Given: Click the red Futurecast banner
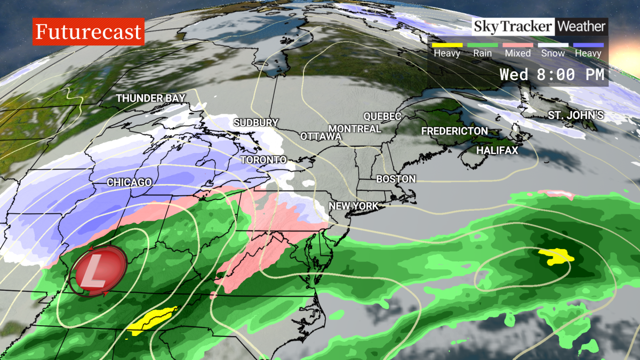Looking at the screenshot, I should pos(89,32).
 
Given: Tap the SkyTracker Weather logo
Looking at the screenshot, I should pos(539,26).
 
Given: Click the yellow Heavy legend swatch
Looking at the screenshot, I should pos(446,45).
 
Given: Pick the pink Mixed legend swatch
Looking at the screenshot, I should pos(518,45).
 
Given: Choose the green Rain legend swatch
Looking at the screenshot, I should pos(482,45).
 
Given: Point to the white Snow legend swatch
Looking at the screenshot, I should pos(553,45).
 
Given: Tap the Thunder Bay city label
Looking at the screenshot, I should pos(151,98).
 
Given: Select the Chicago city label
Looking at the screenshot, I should pos(129,182).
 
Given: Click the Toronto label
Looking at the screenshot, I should pos(263,160).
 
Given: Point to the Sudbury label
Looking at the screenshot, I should pos(256,123).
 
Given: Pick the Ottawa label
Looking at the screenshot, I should pos(321,137).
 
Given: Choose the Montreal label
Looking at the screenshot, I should pos(355,129).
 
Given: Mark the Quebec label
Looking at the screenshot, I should pos(382,116).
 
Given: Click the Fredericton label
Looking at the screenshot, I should pos(454,131).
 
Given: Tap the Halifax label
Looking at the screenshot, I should pos(497,151).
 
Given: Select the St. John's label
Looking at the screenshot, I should pos(575,115).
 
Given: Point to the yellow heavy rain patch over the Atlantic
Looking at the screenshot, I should pos(556,258).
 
